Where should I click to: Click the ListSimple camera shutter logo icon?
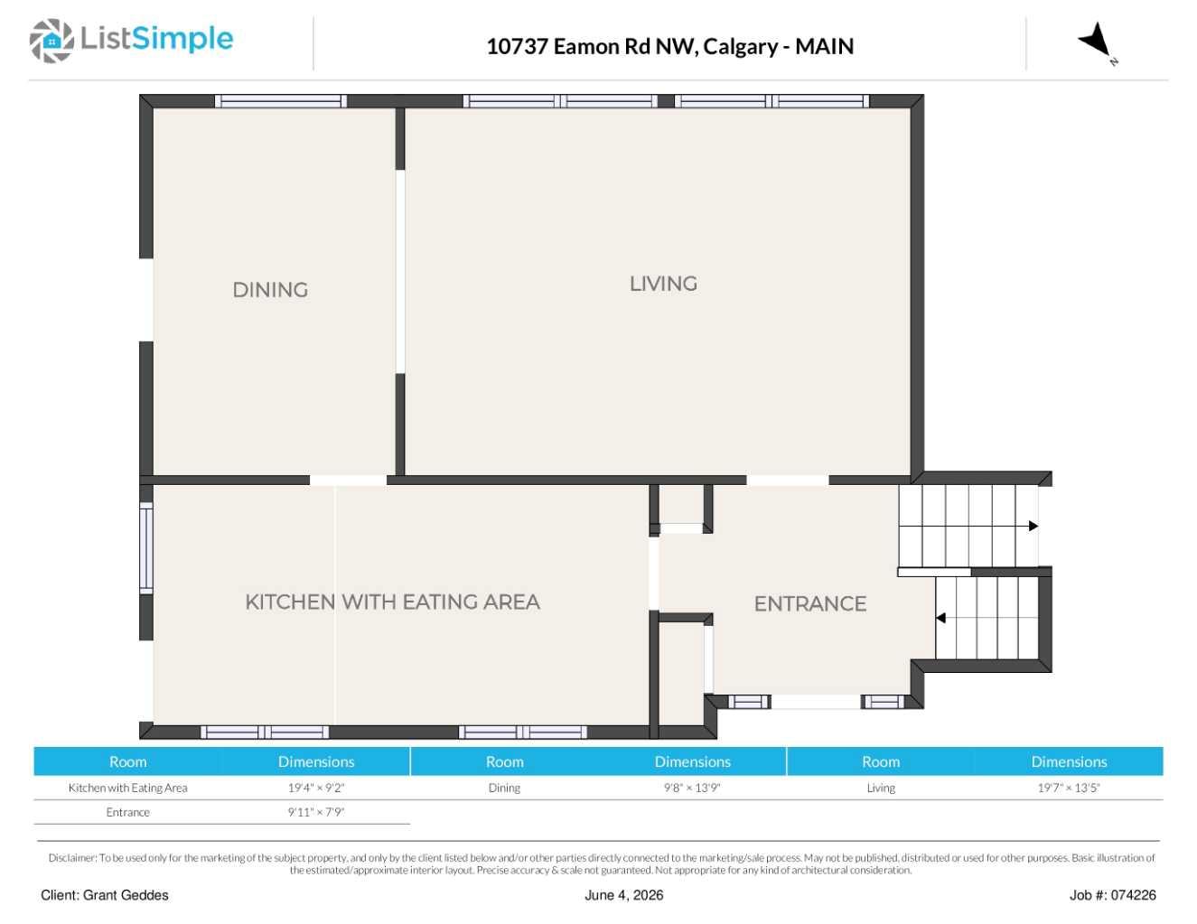(51, 41)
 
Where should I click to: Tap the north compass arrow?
(1095, 40)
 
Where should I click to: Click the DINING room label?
(270, 290)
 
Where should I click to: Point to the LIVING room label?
(663, 284)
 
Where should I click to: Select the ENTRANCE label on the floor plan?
(809, 603)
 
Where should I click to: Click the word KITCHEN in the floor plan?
(290, 602)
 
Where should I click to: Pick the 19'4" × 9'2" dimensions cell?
(316, 788)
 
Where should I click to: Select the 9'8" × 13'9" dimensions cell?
(692, 788)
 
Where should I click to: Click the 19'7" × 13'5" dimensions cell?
(1069, 788)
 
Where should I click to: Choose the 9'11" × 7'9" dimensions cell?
(316, 812)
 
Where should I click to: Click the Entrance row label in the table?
(127, 812)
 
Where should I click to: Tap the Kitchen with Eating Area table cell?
(127, 788)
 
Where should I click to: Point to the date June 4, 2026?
(623, 895)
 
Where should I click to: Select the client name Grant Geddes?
(126, 895)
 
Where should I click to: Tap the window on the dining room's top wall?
(281, 101)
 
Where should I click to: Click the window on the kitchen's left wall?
(146, 548)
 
